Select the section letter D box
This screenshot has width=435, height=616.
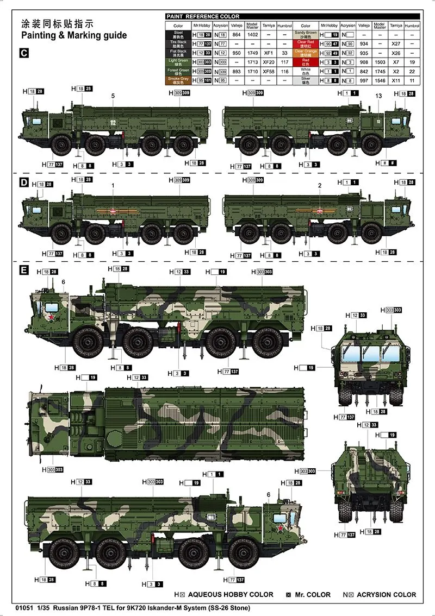tap(23, 183)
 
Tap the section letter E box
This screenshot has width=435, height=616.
tap(23, 271)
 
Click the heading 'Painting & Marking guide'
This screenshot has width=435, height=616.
tap(73, 36)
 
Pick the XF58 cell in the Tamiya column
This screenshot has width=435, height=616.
tap(268, 72)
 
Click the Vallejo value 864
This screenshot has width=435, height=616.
tap(237, 34)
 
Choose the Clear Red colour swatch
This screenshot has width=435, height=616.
tap(305, 43)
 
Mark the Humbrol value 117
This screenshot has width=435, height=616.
tap(284, 62)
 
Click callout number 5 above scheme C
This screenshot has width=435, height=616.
tap(113, 96)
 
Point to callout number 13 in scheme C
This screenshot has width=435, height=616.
tap(378, 96)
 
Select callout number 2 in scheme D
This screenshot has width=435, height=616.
tap(320, 185)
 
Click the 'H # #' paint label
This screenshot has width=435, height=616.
tap(387, 162)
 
